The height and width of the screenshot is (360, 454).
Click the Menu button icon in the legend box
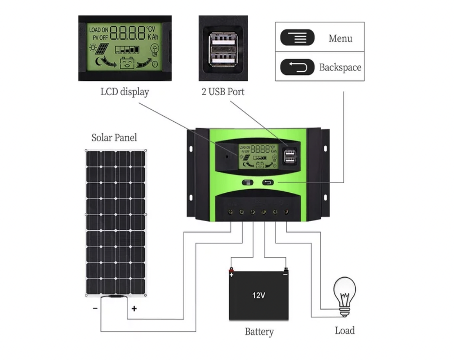297,38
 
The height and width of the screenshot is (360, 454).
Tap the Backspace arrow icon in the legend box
297,67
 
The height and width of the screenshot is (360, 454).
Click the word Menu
340,38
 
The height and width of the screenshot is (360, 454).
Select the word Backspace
340,67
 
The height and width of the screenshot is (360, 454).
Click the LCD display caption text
124,92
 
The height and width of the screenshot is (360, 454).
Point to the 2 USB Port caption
223,92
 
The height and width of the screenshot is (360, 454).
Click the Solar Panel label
114,138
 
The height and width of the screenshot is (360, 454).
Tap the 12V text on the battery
259,296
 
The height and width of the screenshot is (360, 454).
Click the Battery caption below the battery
259,332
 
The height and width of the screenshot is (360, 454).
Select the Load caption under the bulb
344,331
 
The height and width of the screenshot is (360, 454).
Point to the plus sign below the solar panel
134,308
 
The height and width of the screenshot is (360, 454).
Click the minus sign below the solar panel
95,308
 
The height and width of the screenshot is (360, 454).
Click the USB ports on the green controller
288,156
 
